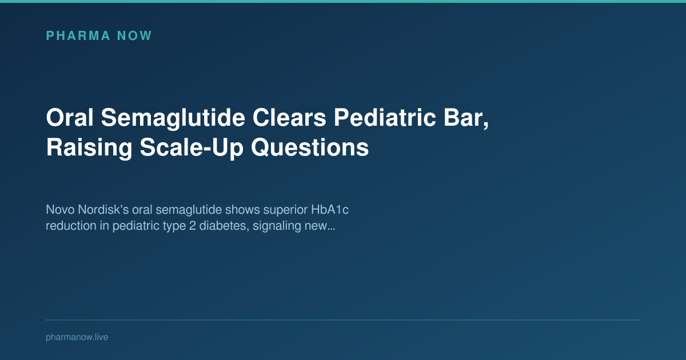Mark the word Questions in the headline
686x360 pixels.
[x=310, y=148]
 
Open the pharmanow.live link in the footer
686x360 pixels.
[x=77, y=337]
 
